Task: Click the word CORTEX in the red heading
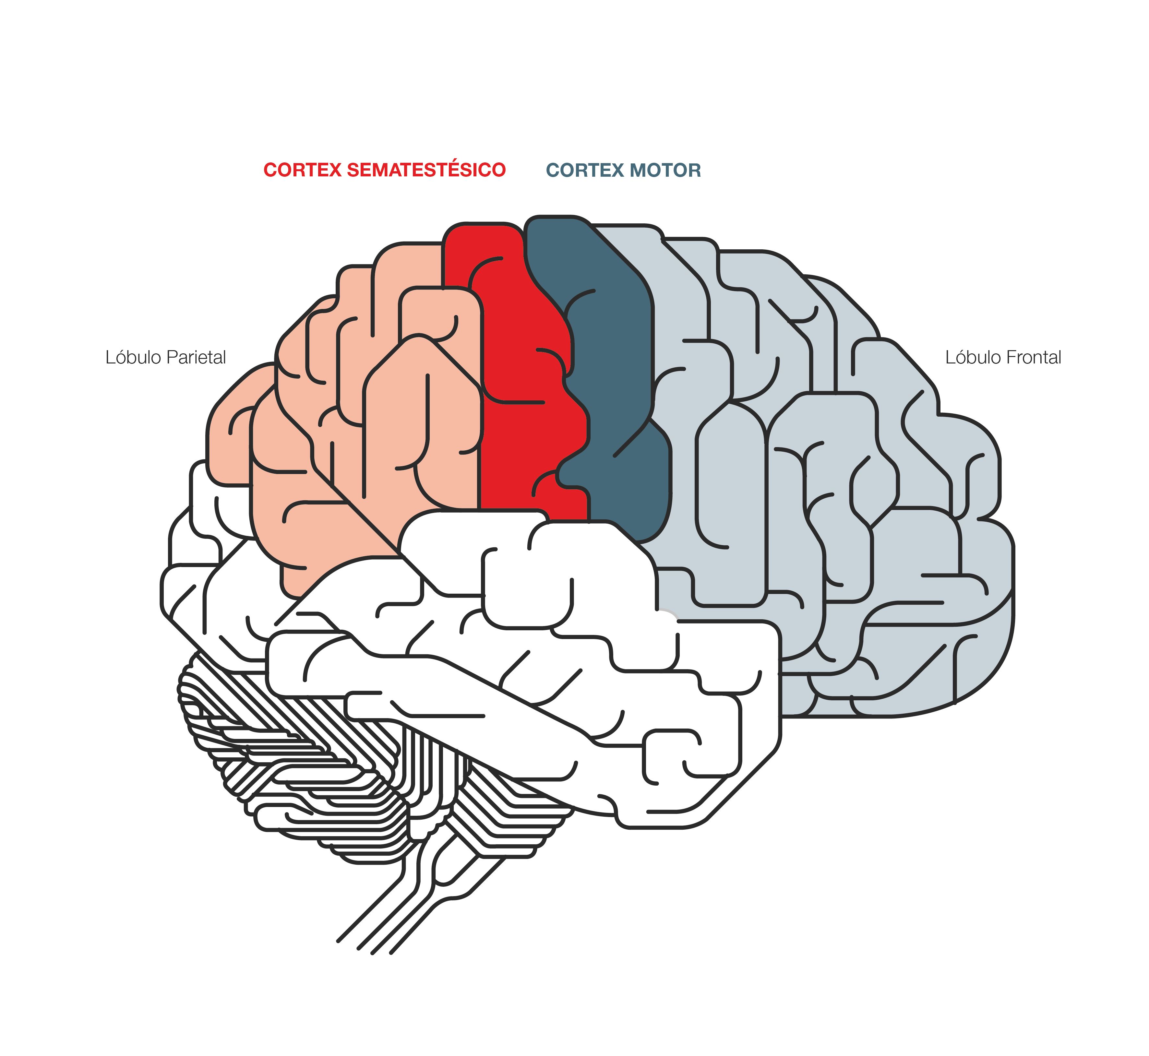[x=302, y=170]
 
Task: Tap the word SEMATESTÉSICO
[x=426, y=170]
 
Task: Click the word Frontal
[x=1033, y=358]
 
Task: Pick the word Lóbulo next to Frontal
[x=972, y=358]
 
